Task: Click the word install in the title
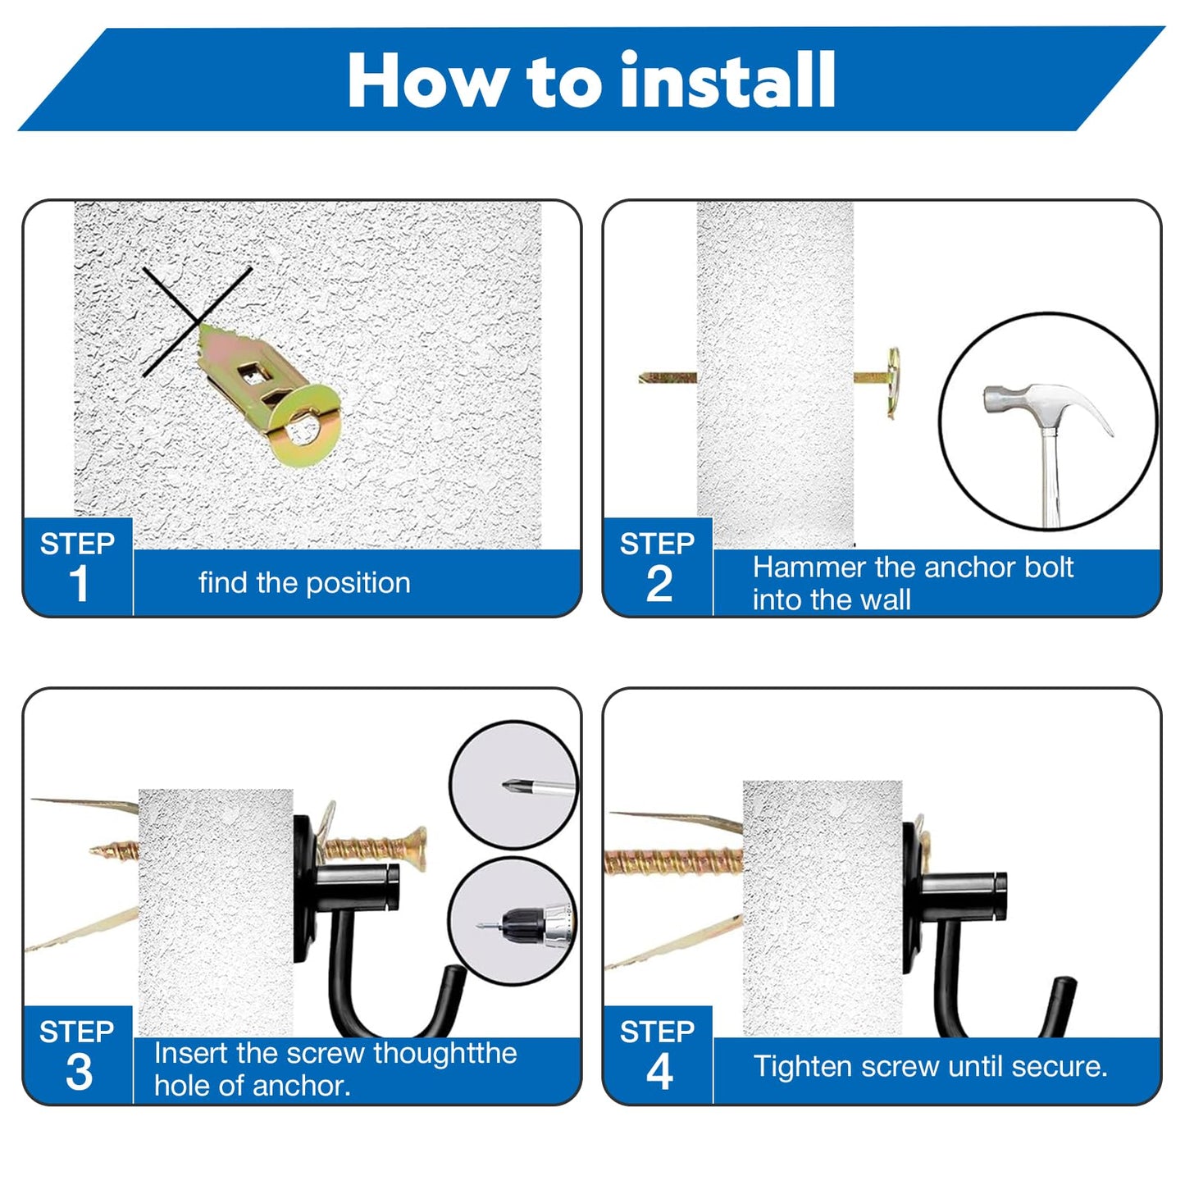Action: (x=727, y=80)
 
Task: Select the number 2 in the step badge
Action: (x=659, y=582)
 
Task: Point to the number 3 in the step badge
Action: (x=79, y=1072)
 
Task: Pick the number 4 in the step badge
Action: (x=659, y=1072)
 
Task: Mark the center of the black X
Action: (x=197, y=321)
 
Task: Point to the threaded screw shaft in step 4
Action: (x=673, y=862)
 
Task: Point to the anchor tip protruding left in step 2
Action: (x=668, y=377)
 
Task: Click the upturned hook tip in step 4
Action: (x=1067, y=987)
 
